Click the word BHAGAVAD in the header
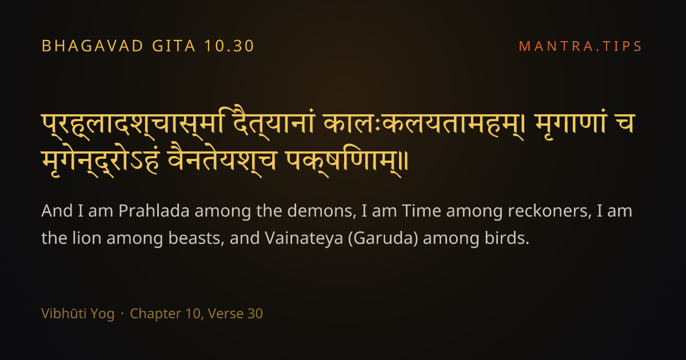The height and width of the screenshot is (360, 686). point(93,46)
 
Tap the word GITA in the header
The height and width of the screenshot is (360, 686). point(174,46)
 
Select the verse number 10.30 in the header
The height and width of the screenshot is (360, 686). point(229,46)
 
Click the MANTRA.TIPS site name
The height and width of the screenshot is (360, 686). point(580,46)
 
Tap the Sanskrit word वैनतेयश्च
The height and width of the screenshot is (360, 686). point(222,160)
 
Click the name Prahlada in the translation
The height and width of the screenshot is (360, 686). point(154,211)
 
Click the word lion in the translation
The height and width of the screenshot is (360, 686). point(87,238)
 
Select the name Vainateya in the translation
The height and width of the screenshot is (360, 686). point(304,238)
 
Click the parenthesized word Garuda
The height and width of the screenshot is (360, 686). point(383,238)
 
